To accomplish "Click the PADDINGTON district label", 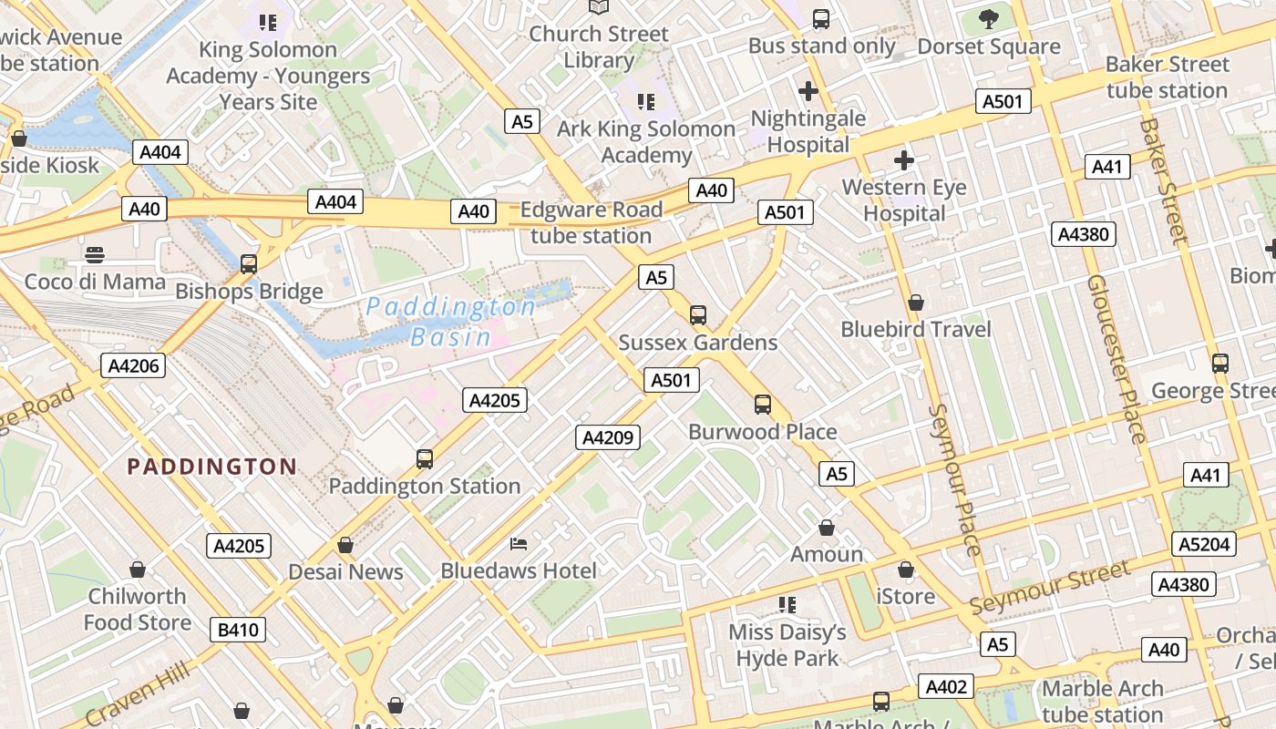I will (x=211, y=467).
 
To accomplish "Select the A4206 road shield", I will (x=134, y=366).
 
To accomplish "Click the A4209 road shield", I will (x=608, y=437).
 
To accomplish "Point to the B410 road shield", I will (x=239, y=629).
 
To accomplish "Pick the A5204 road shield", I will (x=1205, y=544).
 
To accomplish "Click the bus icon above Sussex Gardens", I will (x=698, y=315).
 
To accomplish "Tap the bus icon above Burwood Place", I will (x=763, y=405).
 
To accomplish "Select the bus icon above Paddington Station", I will (x=425, y=459).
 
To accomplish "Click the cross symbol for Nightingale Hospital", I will (x=808, y=91).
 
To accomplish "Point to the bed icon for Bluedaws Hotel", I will (x=519, y=544).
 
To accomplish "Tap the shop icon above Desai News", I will (x=345, y=545).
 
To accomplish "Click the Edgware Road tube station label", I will (x=591, y=222).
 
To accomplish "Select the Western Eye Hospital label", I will (x=903, y=200).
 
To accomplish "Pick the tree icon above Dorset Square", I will (x=989, y=18).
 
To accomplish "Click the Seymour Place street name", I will (x=954, y=479).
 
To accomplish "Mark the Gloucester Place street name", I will (x=1116, y=359).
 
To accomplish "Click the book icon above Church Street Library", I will (x=598, y=7).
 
